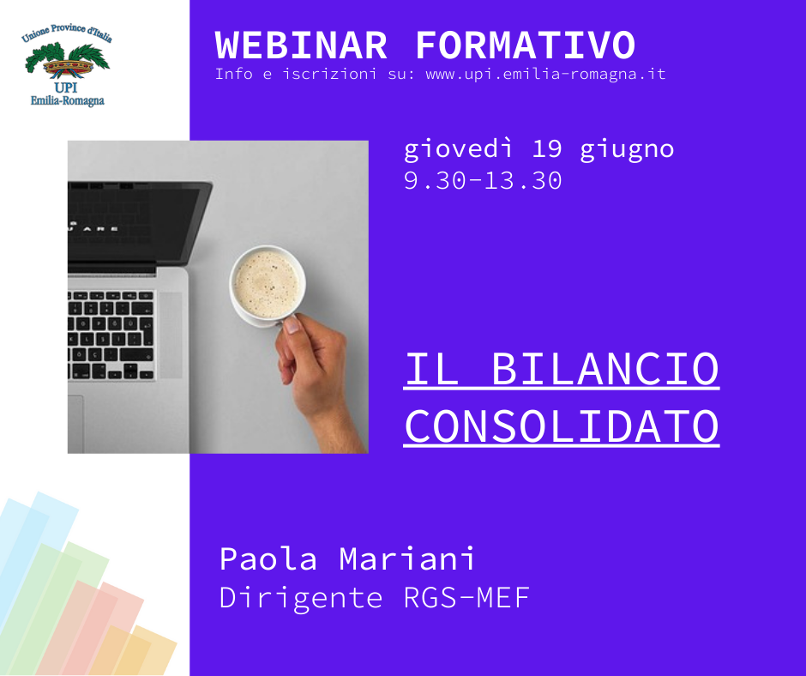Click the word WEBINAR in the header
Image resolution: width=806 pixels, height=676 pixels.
pyautogui.click(x=301, y=45)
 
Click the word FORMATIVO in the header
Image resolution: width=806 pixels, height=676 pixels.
pyautogui.click(x=526, y=45)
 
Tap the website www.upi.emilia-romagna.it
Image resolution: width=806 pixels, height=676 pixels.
pyautogui.click(x=546, y=75)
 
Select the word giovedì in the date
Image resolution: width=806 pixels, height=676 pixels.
pyautogui.click(x=458, y=150)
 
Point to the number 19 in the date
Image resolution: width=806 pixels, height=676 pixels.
pyautogui.click(x=546, y=148)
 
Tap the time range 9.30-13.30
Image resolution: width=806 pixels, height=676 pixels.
pyautogui.click(x=483, y=180)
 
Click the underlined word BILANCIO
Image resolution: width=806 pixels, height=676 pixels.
pyautogui.click(x=605, y=369)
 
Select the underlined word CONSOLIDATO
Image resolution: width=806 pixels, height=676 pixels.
pyautogui.click(x=562, y=426)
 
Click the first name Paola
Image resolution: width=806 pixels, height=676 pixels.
pyautogui.click(x=268, y=558)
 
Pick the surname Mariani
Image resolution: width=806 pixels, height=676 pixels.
pyautogui.click(x=406, y=558)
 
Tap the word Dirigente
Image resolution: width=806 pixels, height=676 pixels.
pyautogui.click(x=301, y=598)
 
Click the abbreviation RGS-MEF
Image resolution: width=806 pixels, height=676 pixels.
pyautogui.click(x=466, y=598)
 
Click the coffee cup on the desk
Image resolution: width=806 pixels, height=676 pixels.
pyautogui.click(x=268, y=286)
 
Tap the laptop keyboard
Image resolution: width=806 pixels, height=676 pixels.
pyautogui.click(x=111, y=335)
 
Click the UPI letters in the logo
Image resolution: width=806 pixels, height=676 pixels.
pyautogui.click(x=66, y=87)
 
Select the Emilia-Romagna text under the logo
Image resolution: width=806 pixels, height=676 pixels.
pyautogui.click(x=68, y=101)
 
